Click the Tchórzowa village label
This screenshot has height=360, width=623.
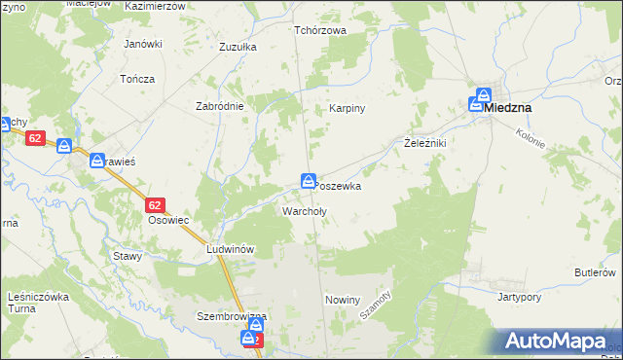point(320,29)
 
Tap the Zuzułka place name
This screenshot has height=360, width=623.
point(238,46)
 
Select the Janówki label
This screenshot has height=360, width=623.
point(141,44)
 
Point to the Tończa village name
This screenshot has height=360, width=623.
point(137,78)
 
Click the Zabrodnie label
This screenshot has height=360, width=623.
point(219,106)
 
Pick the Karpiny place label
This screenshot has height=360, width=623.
point(347,108)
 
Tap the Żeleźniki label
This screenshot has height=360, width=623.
point(424,143)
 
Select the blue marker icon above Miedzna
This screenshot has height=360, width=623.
point(482,98)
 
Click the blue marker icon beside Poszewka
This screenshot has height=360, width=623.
point(308,181)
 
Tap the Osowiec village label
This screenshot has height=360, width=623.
point(167,220)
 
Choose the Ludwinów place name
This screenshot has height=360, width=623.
point(231,249)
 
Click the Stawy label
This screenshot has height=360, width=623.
point(128,256)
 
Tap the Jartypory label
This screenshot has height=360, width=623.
point(519,296)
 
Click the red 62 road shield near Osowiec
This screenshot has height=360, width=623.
point(155,205)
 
